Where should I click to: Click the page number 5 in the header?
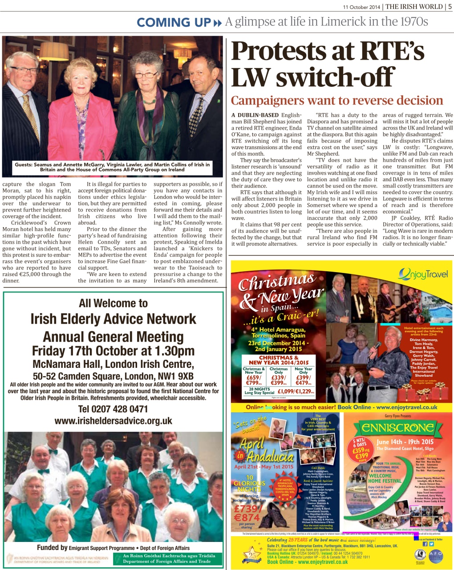[x=450, y=6]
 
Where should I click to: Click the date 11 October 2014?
[x=361, y=7]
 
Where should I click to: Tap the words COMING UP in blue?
[x=174, y=22]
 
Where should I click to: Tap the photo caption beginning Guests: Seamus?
[x=112, y=167]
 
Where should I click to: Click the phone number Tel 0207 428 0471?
[x=113, y=409]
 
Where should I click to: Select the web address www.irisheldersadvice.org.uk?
[x=113, y=421]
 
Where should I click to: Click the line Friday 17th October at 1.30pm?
[x=113, y=350]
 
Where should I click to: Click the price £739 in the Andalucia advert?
[x=246, y=509]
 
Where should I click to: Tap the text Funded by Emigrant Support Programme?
[x=113, y=548]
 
